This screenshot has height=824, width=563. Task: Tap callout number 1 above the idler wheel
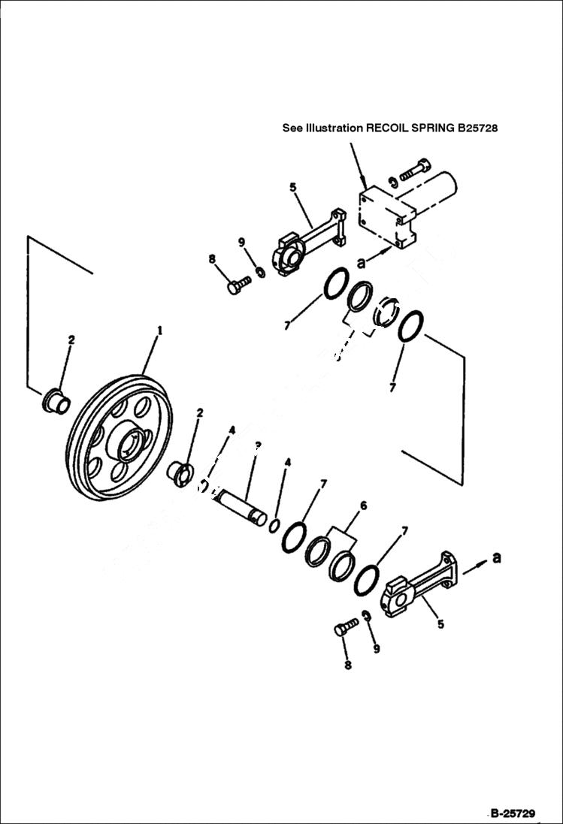pyautogui.click(x=159, y=330)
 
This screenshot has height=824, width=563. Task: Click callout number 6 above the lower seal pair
pyautogui.click(x=363, y=506)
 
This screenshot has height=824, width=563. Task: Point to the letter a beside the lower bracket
pyautogui.click(x=495, y=557)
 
